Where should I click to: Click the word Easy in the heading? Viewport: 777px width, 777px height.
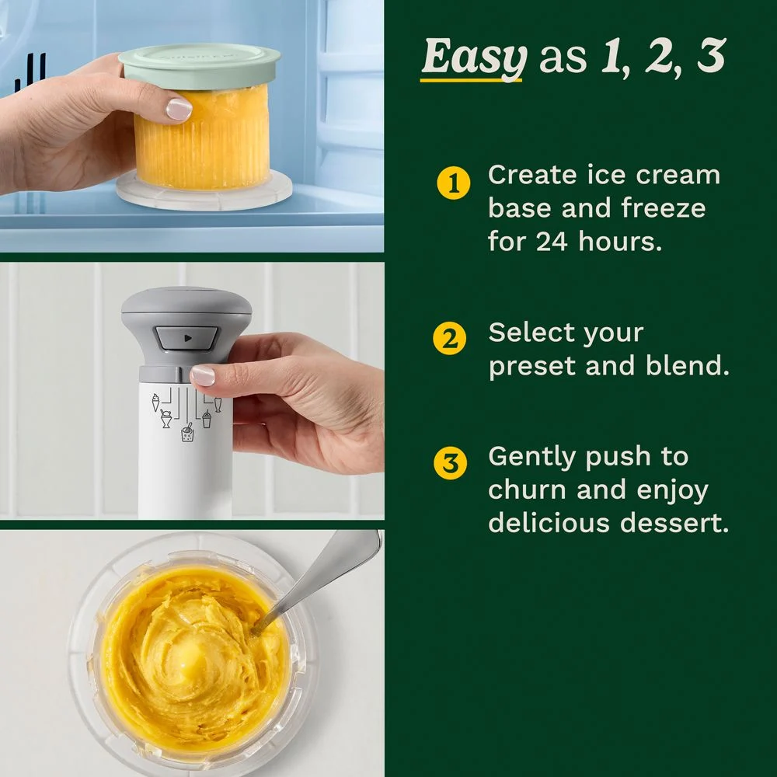click(474, 58)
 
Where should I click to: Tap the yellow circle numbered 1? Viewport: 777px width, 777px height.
click(454, 183)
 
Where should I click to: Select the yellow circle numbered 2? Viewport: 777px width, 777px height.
click(449, 339)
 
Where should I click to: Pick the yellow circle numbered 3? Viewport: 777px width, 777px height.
click(450, 463)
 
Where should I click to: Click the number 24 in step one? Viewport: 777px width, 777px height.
click(551, 242)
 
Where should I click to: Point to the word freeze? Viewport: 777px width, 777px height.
click(664, 207)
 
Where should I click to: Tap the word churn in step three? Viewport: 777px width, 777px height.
click(527, 490)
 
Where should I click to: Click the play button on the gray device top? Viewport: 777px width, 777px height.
click(186, 339)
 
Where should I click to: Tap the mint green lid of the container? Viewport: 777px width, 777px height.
click(200, 66)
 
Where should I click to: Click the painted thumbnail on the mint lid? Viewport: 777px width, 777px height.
click(179, 109)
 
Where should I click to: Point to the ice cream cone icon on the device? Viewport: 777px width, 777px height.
click(156, 402)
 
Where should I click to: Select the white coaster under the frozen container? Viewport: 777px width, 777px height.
click(204, 190)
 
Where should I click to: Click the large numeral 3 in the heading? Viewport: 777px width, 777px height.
click(711, 55)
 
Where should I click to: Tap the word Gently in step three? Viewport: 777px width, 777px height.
click(533, 458)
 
